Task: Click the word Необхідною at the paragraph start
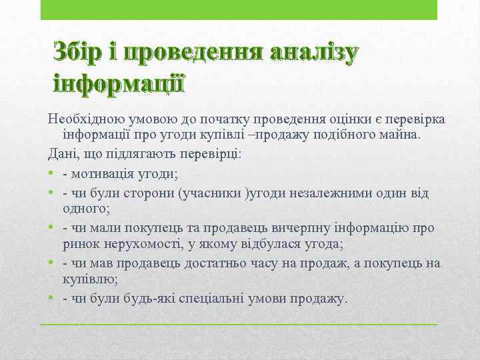[x=81, y=119]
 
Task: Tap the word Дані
[x=62, y=154]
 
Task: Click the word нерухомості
[x=150, y=245]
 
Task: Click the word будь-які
[x=147, y=298]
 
